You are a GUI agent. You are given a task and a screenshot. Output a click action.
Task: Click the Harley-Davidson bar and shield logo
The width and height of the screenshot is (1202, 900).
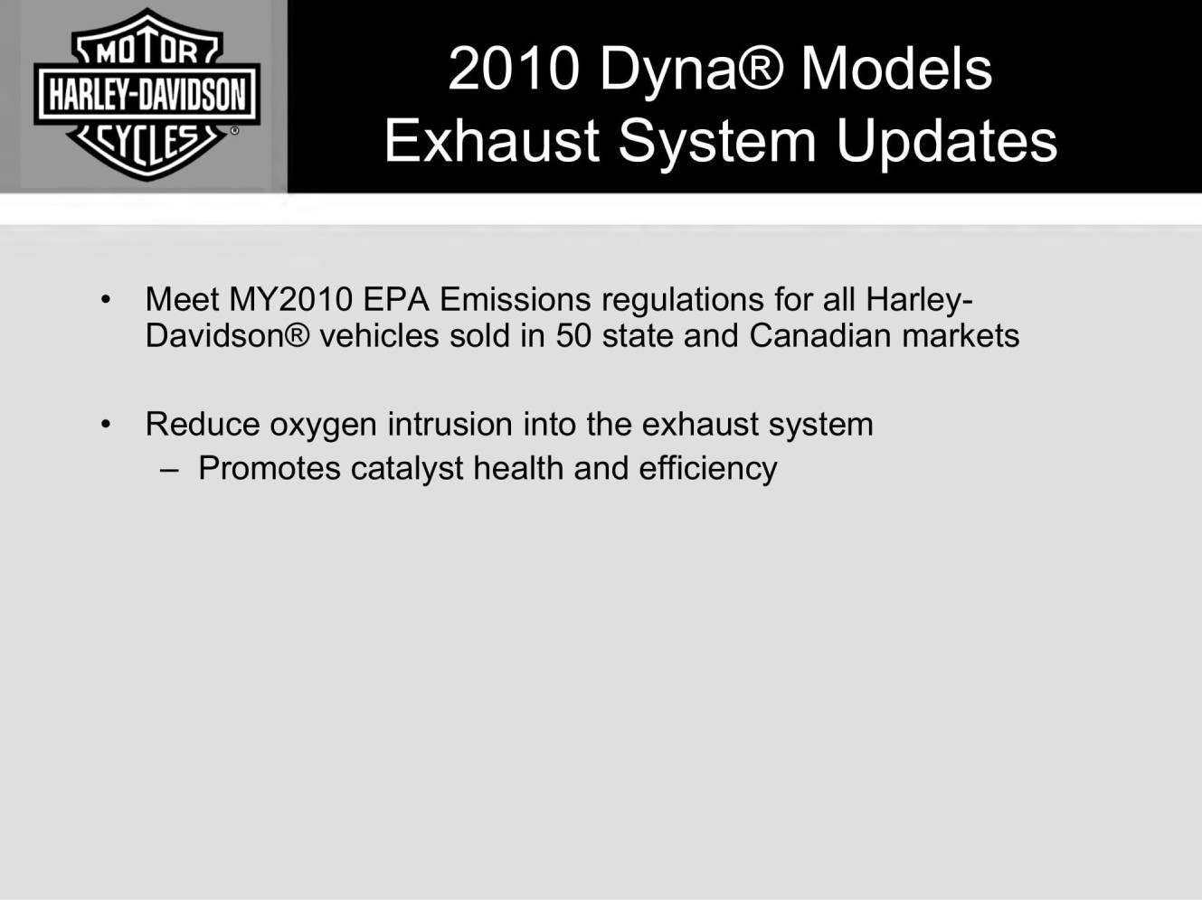click(147, 94)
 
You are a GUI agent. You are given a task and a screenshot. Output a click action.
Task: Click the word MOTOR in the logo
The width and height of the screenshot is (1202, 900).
click(147, 52)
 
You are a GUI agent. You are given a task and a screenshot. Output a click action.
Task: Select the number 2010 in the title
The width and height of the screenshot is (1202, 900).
click(514, 70)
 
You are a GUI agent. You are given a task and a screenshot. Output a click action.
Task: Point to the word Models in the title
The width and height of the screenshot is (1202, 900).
click(896, 69)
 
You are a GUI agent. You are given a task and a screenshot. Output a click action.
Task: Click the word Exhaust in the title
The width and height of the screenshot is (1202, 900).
click(492, 140)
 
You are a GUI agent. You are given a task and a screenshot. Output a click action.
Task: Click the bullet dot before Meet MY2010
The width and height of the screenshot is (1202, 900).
click(106, 300)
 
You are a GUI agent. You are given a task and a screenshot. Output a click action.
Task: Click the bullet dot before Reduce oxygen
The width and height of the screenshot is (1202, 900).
click(106, 424)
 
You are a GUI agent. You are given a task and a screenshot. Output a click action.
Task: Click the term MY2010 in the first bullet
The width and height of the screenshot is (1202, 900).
click(290, 299)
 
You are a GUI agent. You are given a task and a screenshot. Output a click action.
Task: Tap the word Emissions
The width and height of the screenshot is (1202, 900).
click(516, 299)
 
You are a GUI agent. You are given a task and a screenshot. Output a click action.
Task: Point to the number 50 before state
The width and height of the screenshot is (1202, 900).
click(573, 335)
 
